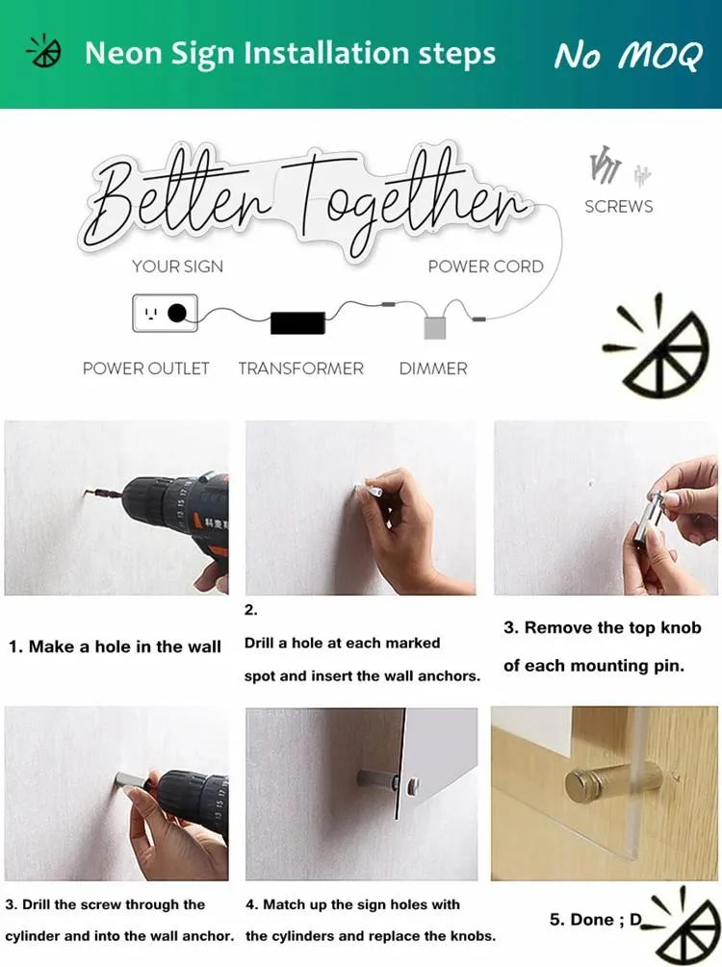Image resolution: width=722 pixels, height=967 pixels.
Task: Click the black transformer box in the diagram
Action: point(297,323)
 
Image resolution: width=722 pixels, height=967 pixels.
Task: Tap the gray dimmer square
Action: point(434,327)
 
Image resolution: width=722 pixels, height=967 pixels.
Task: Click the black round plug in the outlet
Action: point(177,314)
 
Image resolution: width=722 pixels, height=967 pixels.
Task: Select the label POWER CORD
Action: point(485,267)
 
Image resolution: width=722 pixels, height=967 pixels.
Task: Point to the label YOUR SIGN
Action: point(178,267)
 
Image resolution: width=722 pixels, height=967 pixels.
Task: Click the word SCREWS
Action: point(618,207)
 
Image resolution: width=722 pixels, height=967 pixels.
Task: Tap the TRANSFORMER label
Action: point(301,369)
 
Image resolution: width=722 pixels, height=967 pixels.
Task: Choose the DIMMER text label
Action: point(433,369)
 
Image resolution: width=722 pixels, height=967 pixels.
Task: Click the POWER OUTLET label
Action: point(146,369)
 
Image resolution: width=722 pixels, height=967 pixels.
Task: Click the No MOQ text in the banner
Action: point(629,56)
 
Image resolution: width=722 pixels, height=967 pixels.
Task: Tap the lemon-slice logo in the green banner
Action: point(44,51)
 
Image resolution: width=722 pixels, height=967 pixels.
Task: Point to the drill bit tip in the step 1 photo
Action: point(85,492)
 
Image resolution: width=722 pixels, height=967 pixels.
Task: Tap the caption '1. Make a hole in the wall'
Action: point(115,647)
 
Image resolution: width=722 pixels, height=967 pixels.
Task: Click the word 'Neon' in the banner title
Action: point(124,53)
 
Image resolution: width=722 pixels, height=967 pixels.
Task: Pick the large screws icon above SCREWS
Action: point(606,165)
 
